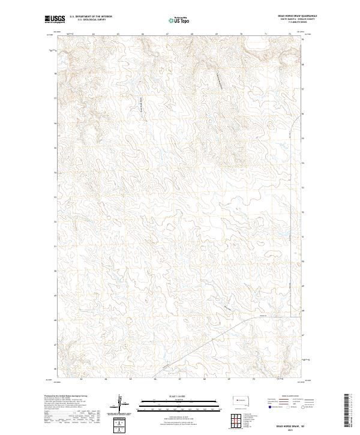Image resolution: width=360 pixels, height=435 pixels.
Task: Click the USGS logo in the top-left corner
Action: click(x=55, y=20)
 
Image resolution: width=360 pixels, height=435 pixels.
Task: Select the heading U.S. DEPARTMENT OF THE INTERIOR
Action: click(x=91, y=17)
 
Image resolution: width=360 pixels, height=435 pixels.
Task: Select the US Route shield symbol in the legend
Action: click(x=290, y=406)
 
